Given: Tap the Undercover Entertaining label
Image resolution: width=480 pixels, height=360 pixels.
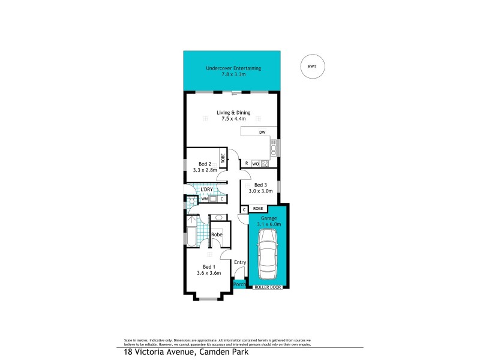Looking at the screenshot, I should point(233,68).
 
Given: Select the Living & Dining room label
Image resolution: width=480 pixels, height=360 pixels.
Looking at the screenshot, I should point(233,112).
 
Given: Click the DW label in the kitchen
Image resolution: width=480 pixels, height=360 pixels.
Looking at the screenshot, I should point(262,132).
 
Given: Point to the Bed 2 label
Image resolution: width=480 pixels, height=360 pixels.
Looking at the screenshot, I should point(205,164).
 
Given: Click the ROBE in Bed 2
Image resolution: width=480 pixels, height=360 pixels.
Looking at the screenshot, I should point(223,158).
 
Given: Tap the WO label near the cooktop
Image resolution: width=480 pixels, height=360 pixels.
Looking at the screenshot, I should point(255,163).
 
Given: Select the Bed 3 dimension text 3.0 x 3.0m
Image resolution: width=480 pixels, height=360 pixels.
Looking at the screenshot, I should point(259,191).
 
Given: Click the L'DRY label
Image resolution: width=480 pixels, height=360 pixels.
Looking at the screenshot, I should point(207,190).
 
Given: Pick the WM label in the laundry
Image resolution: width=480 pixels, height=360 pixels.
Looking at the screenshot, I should point(204,199).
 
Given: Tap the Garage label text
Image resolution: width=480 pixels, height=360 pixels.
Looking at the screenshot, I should point(268,218).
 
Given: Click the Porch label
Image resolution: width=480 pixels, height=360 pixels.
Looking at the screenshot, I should point(239,283).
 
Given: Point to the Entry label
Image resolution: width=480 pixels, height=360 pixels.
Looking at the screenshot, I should point(240,262).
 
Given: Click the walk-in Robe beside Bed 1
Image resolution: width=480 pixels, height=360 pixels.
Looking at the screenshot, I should point(217,235).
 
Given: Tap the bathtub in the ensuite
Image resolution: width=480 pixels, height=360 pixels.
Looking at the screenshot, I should point(191,238).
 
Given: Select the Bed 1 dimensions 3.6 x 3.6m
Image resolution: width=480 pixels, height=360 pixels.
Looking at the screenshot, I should point(208,273).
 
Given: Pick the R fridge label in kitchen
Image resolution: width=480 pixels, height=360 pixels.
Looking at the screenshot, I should point(246,163).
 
